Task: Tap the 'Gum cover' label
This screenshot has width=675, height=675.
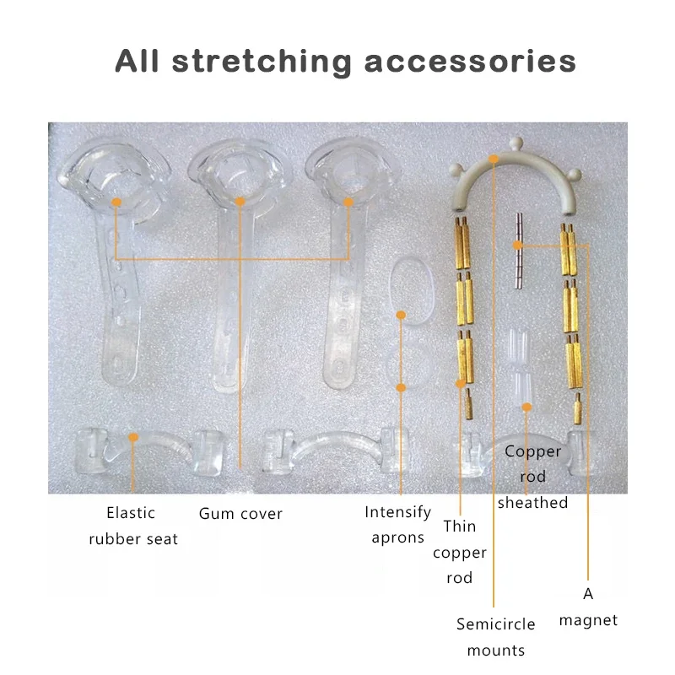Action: [x=240, y=513]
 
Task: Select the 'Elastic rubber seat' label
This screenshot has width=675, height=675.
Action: [x=133, y=525]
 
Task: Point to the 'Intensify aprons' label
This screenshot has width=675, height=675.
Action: [x=397, y=524]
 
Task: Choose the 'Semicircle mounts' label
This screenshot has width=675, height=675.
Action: [x=496, y=636]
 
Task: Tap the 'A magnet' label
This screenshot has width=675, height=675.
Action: [x=588, y=607]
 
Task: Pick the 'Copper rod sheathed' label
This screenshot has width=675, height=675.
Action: [x=532, y=477]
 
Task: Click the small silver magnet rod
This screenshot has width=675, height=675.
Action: [x=520, y=245]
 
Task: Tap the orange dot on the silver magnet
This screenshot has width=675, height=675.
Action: [x=520, y=246]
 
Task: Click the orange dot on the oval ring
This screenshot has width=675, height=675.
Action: [x=402, y=316]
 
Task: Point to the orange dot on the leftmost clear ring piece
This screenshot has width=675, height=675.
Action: [x=116, y=202]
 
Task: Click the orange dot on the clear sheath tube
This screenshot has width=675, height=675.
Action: [x=526, y=407]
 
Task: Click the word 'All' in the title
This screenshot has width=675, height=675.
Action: [x=142, y=61]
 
